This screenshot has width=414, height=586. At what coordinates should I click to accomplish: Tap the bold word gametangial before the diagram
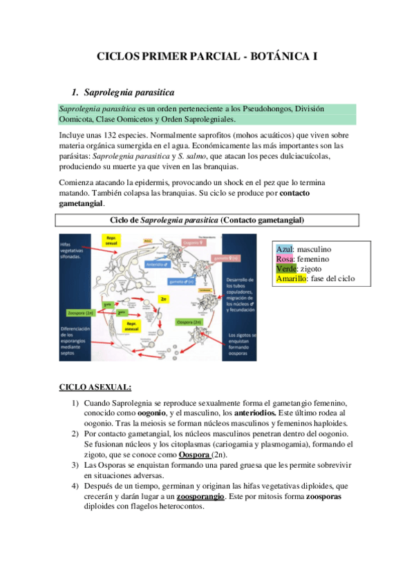[82, 203]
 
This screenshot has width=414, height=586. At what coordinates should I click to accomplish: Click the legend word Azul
[284, 249]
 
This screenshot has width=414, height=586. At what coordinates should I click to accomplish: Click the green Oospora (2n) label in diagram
[189, 321]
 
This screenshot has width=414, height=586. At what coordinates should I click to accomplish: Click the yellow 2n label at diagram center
[163, 299]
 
